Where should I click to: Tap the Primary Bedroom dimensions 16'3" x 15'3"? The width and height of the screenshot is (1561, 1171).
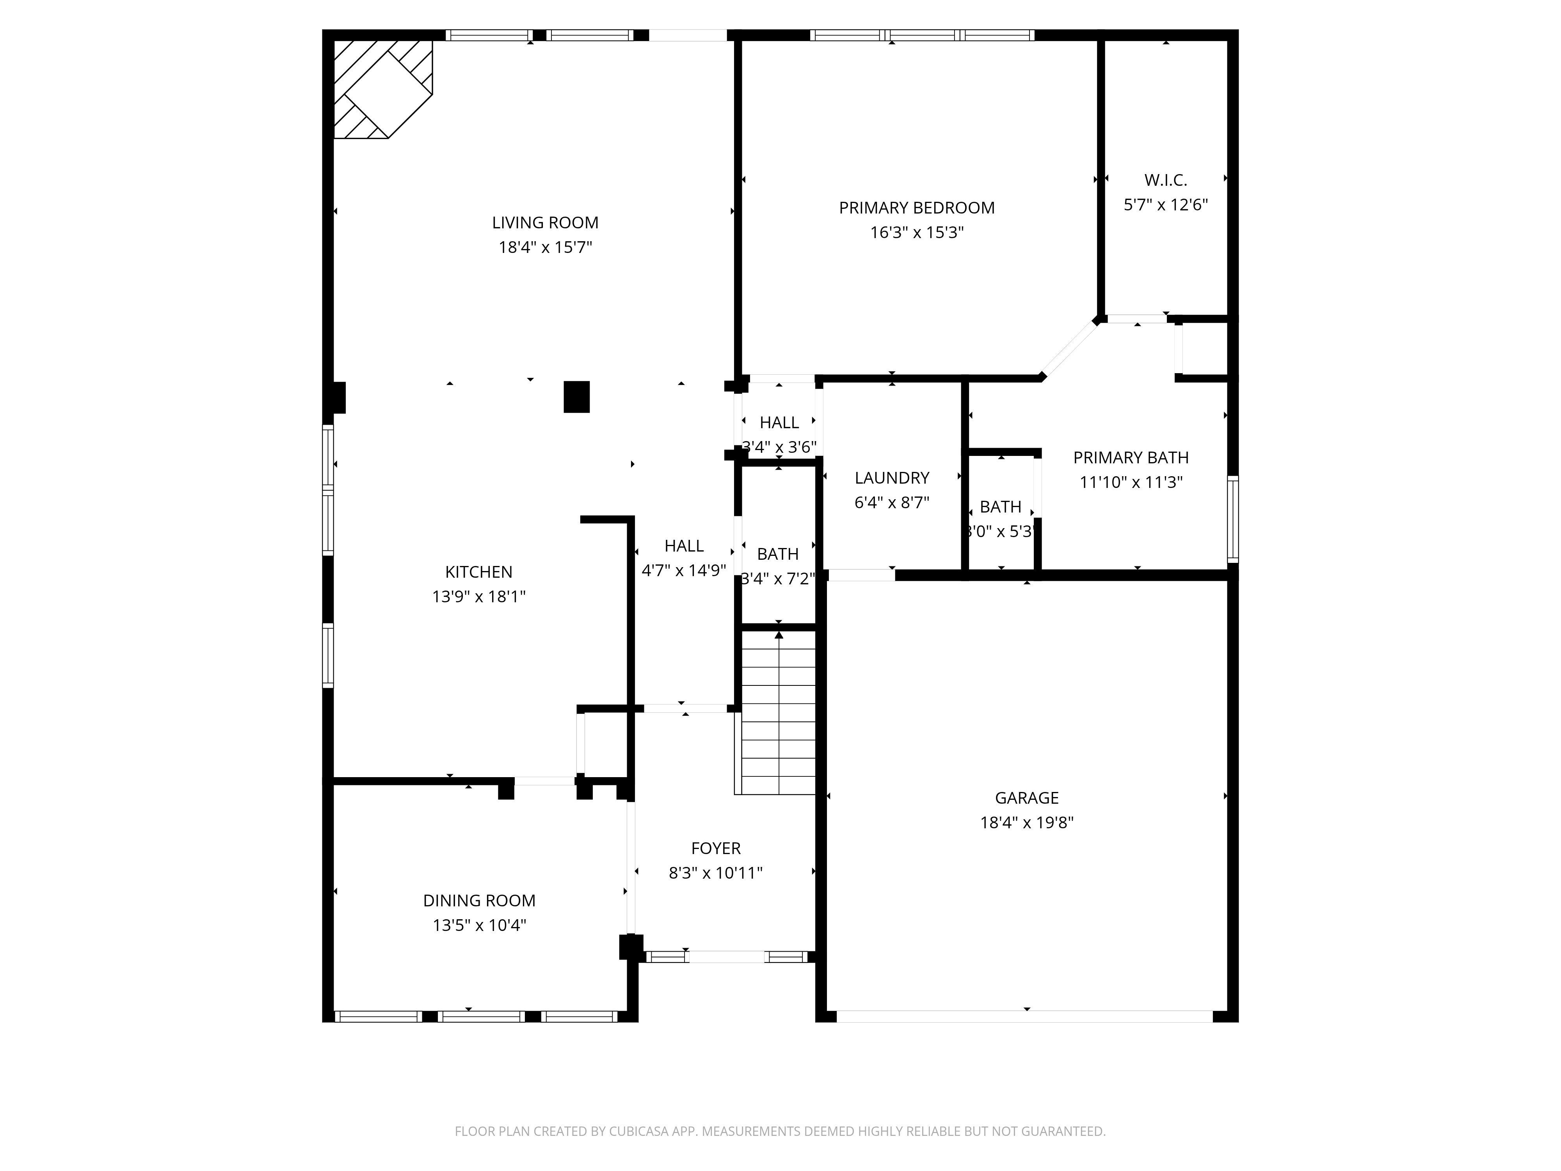click(917, 233)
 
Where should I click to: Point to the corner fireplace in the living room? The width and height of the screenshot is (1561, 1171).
click(382, 89)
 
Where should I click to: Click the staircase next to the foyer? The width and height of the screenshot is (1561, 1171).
click(779, 713)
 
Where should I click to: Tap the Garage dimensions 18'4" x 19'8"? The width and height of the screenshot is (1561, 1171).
click(1027, 823)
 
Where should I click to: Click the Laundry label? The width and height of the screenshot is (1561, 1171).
click(892, 478)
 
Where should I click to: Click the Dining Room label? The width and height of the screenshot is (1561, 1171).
click(479, 900)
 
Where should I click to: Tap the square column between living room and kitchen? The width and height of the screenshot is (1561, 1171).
click(576, 397)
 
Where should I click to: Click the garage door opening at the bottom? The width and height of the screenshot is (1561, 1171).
click(1025, 1016)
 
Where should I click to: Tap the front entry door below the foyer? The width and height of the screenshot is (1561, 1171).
click(726, 957)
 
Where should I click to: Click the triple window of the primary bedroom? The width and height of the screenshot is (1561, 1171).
click(922, 35)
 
